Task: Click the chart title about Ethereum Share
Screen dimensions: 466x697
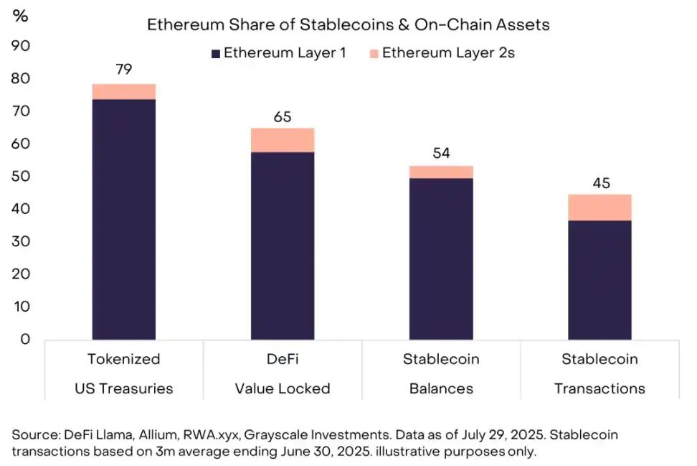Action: (x=348, y=24)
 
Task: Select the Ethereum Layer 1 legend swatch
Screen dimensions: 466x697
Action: (x=215, y=53)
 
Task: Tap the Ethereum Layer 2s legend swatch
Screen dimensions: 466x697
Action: (x=373, y=53)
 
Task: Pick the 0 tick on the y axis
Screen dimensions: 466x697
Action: (x=24, y=340)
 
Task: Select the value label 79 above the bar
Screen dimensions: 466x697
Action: (x=124, y=70)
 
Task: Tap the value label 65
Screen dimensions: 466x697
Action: (x=283, y=116)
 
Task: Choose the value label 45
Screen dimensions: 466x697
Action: (x=600, y=183)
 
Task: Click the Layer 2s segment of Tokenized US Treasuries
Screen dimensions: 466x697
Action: (x=124, y=92)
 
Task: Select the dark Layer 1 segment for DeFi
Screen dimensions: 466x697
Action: (x=283, y=245)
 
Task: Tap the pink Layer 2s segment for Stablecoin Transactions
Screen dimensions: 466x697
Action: (x=600, y=208)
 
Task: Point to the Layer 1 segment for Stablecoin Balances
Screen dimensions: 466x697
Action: (x=441, y=258)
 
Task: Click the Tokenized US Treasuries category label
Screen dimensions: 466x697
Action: (x=124, y=373)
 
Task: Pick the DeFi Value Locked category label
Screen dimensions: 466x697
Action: (x=283, y=373)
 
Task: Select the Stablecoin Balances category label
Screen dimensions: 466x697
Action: (x=441, y=373)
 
